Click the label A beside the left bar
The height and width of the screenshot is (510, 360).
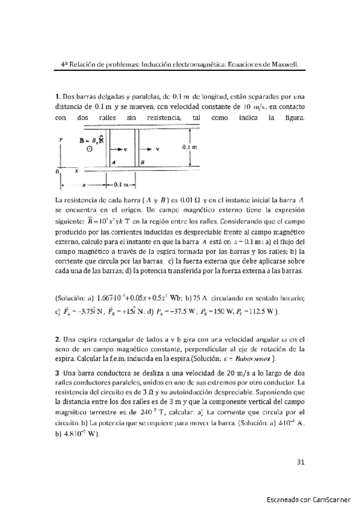(115, 162)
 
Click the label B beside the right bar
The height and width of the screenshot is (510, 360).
(142, 162)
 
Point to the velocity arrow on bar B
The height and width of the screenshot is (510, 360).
(152, 149)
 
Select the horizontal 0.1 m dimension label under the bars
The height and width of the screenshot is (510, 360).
(123, 185)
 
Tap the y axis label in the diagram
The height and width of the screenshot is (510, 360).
(61, 138)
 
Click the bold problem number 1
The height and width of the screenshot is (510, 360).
(56, 95)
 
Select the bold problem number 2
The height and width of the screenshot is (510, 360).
(56, 340)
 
